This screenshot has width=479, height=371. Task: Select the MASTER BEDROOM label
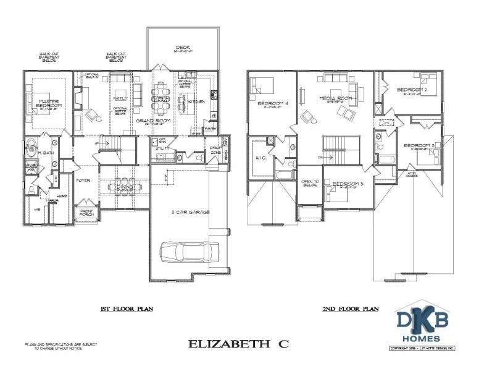point(48,103)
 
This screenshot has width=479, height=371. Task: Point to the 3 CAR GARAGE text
point(190,212)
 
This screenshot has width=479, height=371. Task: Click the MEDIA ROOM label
point(335,98)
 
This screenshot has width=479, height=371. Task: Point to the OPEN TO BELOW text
point(309,183)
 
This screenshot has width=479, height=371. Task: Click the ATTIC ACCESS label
point(412,174)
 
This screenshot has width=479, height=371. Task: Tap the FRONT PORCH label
point(86,213)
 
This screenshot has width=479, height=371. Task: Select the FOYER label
point(83,181)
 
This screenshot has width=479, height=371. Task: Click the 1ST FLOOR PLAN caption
point(127,309)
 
